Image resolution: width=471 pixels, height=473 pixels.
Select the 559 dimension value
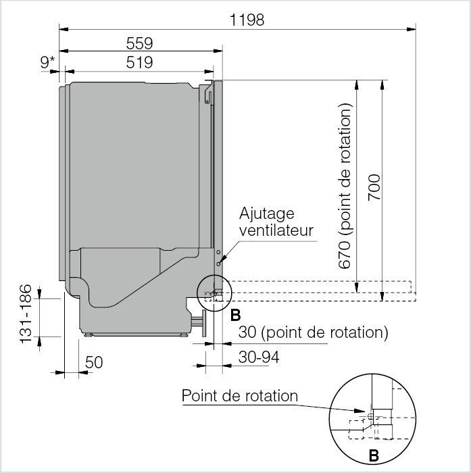point(140,43)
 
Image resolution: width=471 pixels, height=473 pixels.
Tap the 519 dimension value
point(140,62)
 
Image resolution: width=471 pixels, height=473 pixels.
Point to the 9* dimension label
point(48,62)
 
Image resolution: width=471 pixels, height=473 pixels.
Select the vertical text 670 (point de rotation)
point(345,186)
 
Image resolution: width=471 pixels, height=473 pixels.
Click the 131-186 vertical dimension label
point(26,314)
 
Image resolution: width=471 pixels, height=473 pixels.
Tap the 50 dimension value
point(94,362)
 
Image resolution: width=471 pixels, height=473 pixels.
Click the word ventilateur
point(276,230)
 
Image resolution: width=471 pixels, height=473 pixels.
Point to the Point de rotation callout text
point(239,395)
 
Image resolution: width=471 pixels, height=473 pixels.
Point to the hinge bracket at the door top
point(209,93)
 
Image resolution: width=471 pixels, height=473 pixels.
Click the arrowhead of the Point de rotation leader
point(364,412)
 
